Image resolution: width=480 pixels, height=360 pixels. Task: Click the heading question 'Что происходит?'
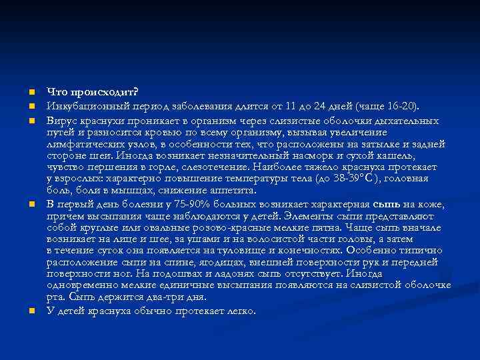83,92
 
